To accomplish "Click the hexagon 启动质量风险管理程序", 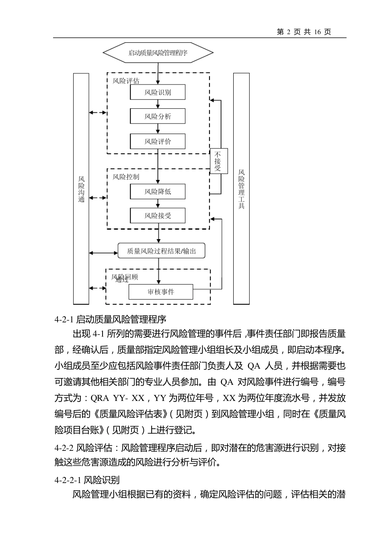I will click(x=158, y=53).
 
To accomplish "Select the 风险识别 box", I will click(x=158, y=92).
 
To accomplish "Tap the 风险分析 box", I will click(x=158, y=117).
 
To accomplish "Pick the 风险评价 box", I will click(x=158, y=141).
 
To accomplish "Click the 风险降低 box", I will click(x=158, y=192).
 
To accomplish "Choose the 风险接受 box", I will click(x=158, y=215).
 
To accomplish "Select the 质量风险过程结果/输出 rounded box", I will click(x=161, y=251).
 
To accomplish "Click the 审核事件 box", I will click(x=161, y=292).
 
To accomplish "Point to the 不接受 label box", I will click(x=218, y=161).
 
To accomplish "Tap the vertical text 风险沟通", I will click(x=81, y=189).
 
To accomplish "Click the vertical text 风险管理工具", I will click(x=241, y=189).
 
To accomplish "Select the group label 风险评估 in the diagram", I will click(x=126, y=81).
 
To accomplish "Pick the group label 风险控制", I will click(x=126, y=177).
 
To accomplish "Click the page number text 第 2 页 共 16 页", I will click(x=304, y=32).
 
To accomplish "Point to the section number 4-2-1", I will click(x=64, y=320).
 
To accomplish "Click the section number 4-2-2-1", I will click(x=68, y=480).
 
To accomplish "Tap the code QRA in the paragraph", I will click(x=100, y=398).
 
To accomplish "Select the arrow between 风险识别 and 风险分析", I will click(x=158, y=104).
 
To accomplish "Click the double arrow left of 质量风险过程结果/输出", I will click(x=103, y=253).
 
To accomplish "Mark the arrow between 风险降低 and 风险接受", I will click(x=158, y=204).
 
